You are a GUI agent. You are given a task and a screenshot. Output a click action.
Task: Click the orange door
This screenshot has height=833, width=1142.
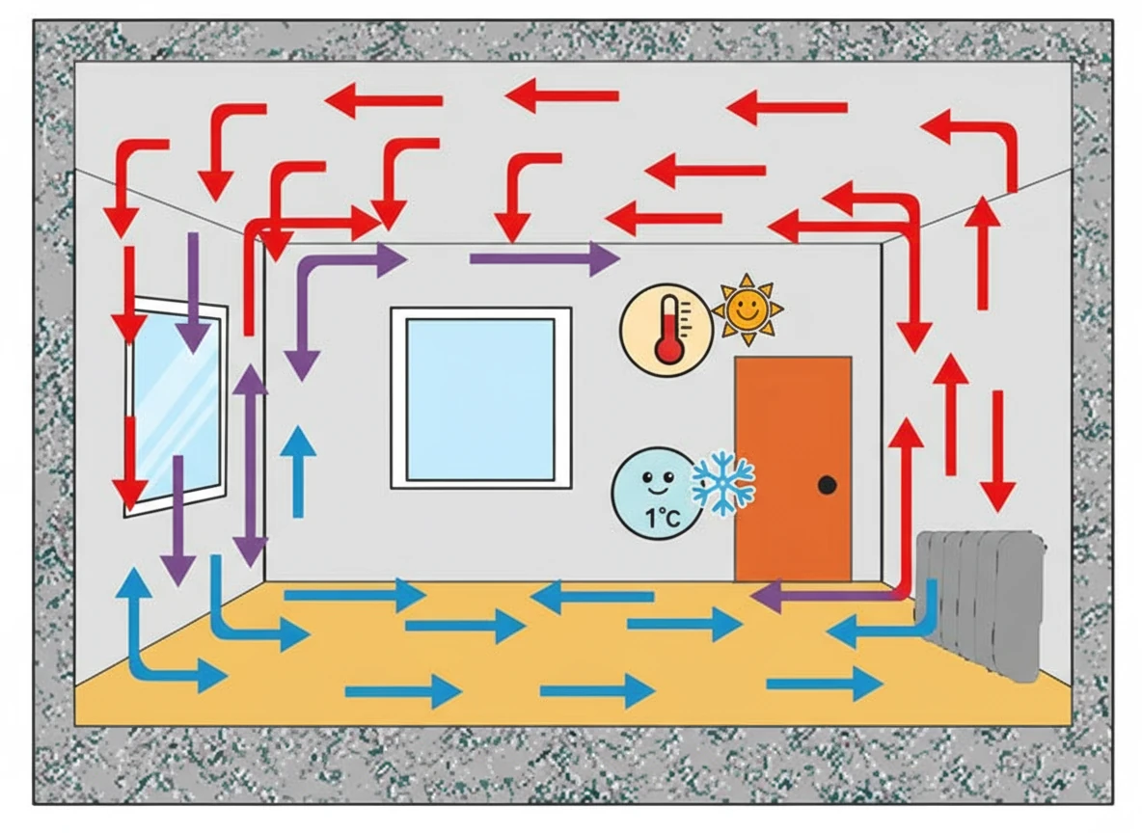click(793, 469)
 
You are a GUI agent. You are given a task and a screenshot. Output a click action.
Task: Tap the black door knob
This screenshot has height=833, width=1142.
click(827, 484)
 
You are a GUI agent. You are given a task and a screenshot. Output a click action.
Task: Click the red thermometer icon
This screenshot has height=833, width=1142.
click(667, 331)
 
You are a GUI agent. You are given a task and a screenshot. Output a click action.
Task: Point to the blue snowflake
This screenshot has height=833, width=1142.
click(723, 483)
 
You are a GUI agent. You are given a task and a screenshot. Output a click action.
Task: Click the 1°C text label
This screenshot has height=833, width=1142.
click(663, 518)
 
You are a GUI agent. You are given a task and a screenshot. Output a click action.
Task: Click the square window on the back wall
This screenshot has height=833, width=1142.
click(480, 397)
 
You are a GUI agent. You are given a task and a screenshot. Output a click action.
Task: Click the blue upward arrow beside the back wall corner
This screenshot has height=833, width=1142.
click(298, 471)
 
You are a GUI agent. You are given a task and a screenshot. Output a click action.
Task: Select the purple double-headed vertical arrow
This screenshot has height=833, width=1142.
click(252, 465)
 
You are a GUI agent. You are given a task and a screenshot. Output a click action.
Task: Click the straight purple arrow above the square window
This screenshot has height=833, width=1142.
click(545, 257)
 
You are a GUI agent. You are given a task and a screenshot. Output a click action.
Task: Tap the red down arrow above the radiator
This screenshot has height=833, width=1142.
click(997, 451)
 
